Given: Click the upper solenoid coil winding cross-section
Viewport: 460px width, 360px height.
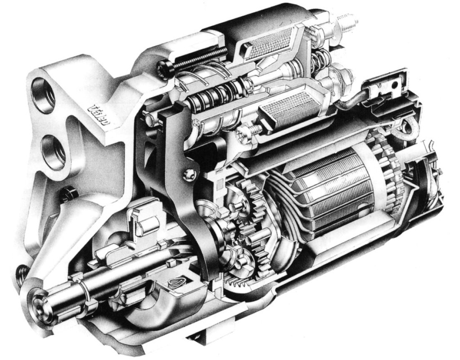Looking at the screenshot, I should (x=270, y=44).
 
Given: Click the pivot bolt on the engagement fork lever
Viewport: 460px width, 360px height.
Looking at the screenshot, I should (x=189, y=173).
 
